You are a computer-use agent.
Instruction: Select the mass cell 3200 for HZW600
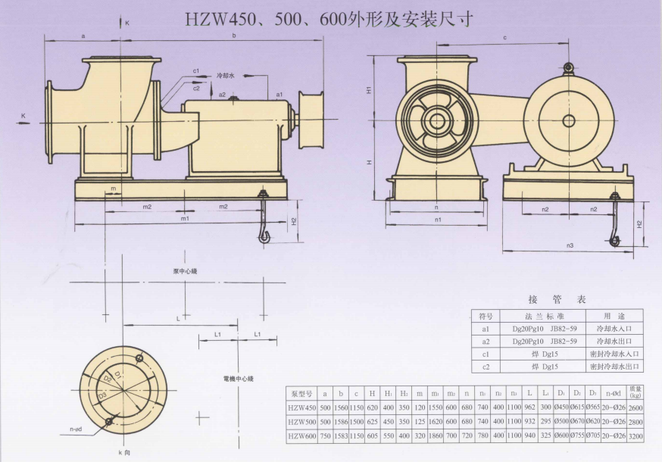tap(635, 435)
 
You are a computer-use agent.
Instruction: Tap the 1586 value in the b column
tap(340, 421)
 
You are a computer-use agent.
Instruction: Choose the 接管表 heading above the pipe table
tap(557, 299)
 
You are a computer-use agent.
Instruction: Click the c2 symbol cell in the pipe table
tap(486, 367)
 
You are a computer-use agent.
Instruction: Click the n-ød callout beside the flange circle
tap(76, 429)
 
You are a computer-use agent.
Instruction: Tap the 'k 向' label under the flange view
tap(124, 452)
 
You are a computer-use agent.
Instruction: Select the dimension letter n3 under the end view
tap(570, 245)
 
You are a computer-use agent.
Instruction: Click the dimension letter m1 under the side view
tap(185, 219)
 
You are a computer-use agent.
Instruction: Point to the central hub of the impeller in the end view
tap(436, 120)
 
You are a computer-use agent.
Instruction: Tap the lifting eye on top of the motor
tap(567, 70)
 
